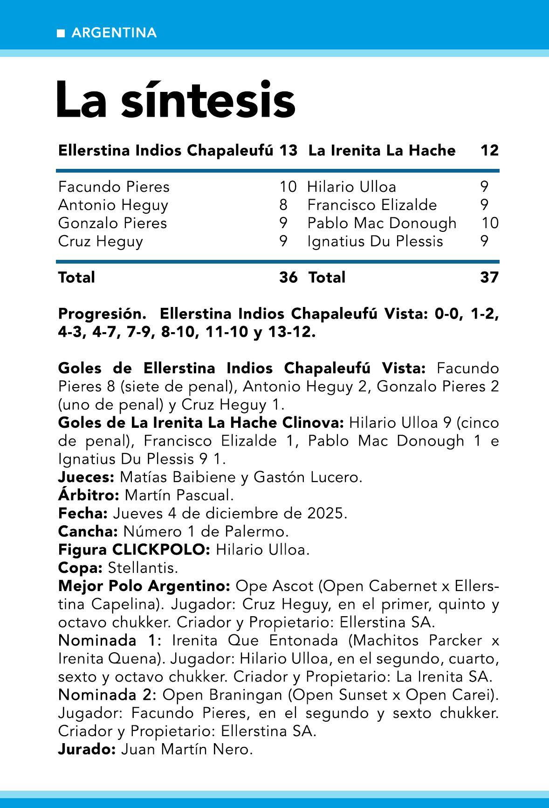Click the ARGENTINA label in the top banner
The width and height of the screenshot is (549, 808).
(114, 33)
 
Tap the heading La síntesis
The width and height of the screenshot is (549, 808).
(176, 100)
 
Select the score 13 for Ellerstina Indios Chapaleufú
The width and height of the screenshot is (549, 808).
(288, 151)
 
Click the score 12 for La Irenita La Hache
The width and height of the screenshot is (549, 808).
(489, 151)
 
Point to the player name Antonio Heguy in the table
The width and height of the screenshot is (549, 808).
(113, 205)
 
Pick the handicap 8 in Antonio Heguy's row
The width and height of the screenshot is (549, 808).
(283, 205)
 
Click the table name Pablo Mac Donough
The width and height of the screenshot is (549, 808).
(382, 223)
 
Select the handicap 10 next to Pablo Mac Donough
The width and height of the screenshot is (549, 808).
(490, 223)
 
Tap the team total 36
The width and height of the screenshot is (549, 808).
(288, 278)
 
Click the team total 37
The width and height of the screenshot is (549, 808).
(489, 278)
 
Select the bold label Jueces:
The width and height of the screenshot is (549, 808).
(86, 477)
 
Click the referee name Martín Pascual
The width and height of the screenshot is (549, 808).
(179, 495)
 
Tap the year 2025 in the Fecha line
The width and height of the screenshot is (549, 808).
(327, 513)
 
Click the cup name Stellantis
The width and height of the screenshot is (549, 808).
(143, 568)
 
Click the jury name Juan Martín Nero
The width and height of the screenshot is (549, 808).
(186, 750)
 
